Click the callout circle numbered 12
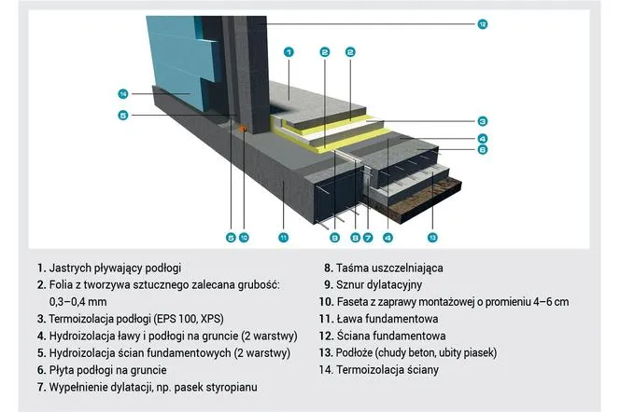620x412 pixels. point(483,22)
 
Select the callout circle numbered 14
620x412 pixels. point(122,93)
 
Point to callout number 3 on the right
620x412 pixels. point(483,120)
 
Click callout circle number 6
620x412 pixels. point(483,149)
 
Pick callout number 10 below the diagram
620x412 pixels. point(244,238)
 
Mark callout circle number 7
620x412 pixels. point(368,238)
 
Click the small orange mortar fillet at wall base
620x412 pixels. point(242,129)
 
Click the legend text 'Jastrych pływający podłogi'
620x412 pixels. point(111,268)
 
